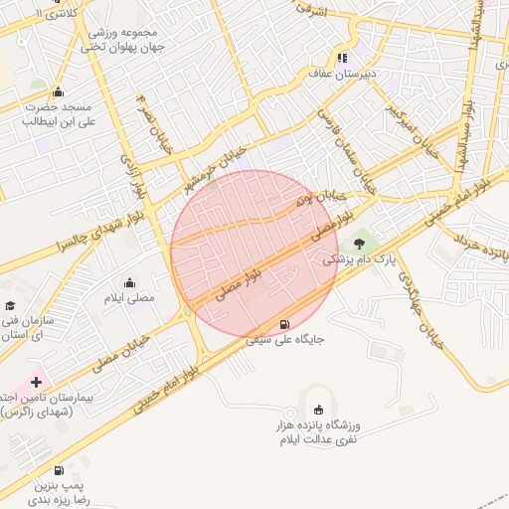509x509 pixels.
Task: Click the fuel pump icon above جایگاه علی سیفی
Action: [285, 324]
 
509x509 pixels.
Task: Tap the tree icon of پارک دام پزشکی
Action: [359, 243]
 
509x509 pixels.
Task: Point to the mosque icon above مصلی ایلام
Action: [129, 283]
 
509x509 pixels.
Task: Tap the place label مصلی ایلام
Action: [129, 298]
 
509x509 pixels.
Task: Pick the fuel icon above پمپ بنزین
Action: [59, 470]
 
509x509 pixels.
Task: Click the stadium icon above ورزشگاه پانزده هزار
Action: [318, 410]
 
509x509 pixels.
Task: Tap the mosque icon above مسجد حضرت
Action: [58, 91]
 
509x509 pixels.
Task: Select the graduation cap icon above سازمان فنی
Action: [11, 307]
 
